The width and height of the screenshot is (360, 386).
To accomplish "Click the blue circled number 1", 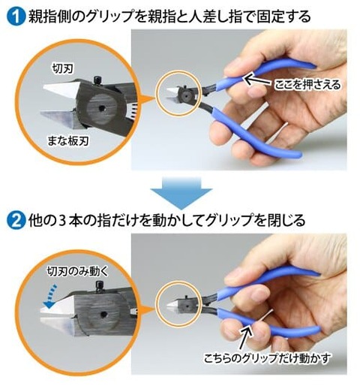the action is [16, 17].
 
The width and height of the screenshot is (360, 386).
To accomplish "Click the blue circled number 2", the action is [16, 220].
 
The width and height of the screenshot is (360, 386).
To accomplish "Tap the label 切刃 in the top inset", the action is [62, 68].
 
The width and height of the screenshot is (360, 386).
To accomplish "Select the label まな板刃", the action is [68, 140].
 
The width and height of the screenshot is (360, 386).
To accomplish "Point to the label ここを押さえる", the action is [307, 85].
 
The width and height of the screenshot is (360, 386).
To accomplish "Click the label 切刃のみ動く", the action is [78, 271].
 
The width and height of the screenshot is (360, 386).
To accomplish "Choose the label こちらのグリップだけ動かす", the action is [267, 358].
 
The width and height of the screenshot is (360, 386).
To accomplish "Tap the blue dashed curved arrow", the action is [50, 296].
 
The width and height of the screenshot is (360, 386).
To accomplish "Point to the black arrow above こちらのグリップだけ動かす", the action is [245, 338].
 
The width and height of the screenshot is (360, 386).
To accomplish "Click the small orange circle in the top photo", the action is [178, 93].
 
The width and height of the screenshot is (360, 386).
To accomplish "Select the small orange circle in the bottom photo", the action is [178, 303].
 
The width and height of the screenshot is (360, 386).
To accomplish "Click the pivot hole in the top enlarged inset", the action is [101, 108].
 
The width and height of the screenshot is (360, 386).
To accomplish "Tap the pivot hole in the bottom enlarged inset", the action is [103, 314].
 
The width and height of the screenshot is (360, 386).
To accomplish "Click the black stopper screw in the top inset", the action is [97, 81].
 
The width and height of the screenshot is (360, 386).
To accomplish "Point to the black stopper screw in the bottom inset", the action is [100, 287].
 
